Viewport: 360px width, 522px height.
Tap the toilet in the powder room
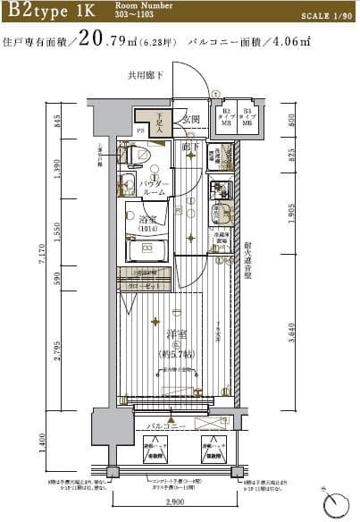pyautogui.click(x=135, y=156)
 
